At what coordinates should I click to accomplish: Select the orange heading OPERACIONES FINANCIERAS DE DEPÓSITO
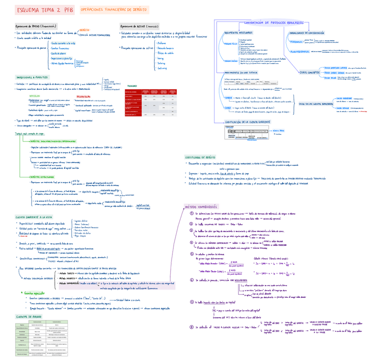[114, 10]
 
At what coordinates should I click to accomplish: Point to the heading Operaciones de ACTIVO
[140, 26]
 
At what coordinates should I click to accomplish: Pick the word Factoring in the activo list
[161, 63]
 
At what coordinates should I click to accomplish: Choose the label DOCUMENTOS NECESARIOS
[238, 33]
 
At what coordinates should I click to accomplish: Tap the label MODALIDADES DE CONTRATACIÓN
[306, 33]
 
